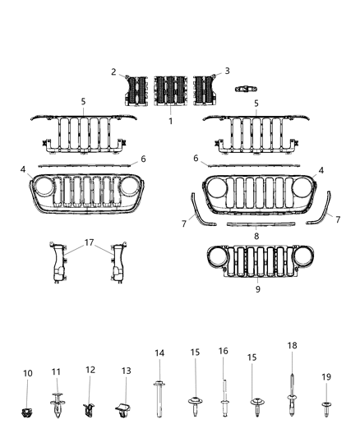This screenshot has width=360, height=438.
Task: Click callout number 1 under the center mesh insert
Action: (170, 120)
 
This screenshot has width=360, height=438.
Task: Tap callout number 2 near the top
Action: (115, 71)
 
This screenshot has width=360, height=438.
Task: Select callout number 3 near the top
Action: (227, 71)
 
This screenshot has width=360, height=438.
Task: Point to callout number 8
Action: (258, 235)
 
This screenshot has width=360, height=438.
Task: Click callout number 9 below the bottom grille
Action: (258, 289)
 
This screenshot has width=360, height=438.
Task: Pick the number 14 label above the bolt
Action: (160, 353)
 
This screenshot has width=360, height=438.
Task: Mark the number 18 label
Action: (292, 346)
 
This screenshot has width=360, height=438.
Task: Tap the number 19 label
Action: (326, 376)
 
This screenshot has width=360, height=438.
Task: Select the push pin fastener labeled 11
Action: (58, 403)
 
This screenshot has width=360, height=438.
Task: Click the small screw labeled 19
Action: (326, 404)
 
